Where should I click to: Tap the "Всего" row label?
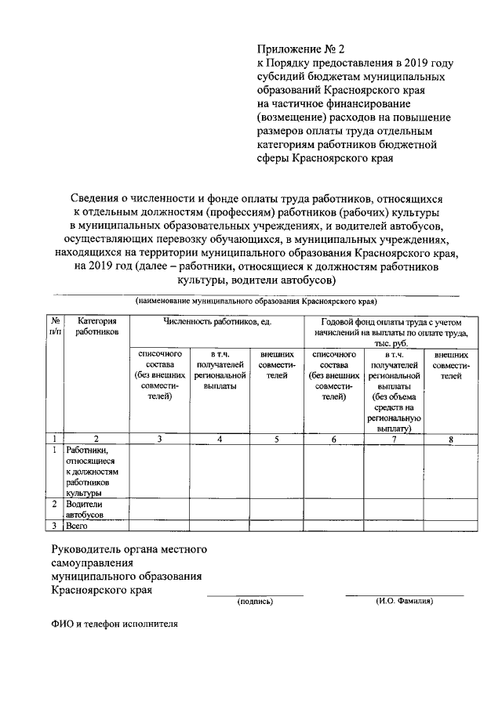coord(77,526)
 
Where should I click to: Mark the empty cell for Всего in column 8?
coord(450,526)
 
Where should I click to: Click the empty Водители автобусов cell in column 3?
coord(159,510)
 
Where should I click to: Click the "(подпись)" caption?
coord(255,602)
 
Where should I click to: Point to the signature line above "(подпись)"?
coord(255,595)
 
